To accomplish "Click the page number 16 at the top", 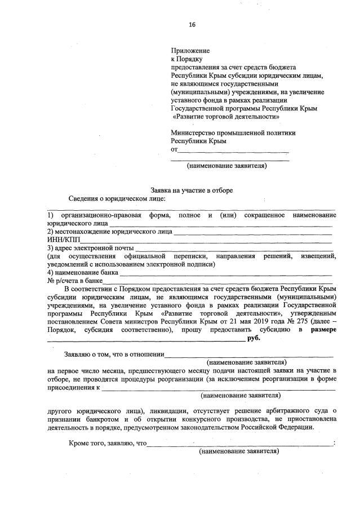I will (x=192, y=25).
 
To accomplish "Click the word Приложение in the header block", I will (x=190, y=50).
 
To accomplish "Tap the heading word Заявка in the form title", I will (x=161, y=191).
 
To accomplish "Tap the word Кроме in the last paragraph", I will (x=79, y=444).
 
